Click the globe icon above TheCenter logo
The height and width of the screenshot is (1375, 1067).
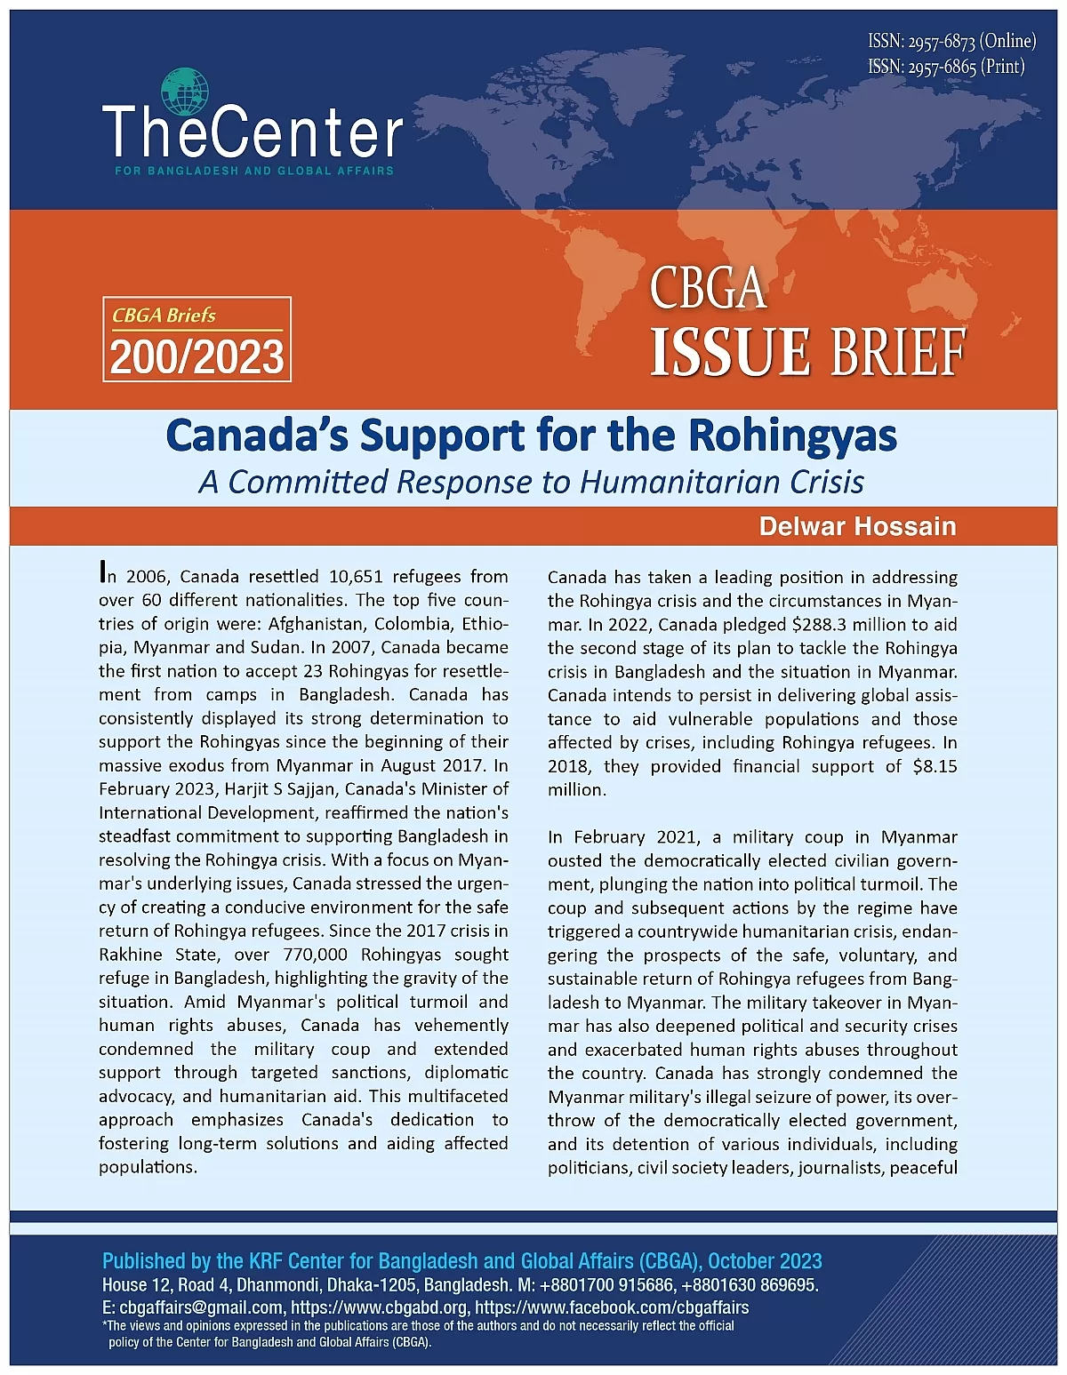click(x=185, y=92)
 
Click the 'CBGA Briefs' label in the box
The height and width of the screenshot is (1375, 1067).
click(x=164, y=316)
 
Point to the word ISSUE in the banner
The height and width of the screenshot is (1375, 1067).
click(x=729, y=352)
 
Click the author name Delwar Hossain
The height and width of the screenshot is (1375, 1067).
click(x=857, y=526)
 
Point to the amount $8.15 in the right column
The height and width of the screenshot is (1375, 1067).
click(x=935, y=766)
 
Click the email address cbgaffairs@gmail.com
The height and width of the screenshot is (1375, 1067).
click(x=201, y=1307)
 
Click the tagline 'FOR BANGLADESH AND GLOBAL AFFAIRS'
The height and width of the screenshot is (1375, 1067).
click(x=254, y=171)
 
